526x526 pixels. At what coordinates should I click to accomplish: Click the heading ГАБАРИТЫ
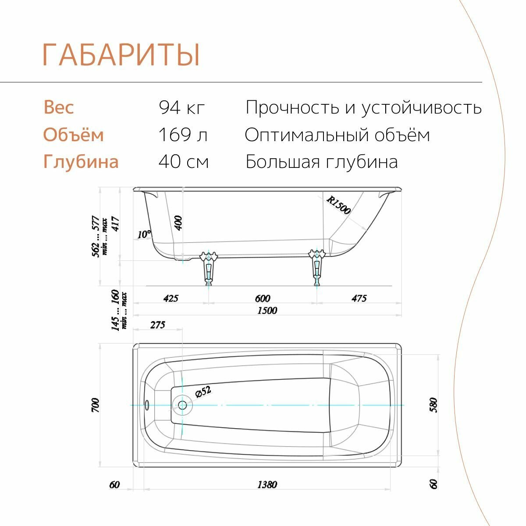click(121, 55)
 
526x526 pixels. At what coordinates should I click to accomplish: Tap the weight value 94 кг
click(182, 107)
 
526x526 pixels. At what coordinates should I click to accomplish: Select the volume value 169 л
click(183, 135)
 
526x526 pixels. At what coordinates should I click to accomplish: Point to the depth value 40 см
click(184, 162)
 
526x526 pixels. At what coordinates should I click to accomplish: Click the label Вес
click(59, 107)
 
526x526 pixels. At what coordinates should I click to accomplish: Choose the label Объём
click(73, 135)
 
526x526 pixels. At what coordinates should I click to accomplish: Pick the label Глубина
click(81, 162)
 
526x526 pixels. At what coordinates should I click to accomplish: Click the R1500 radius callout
click(338, 205)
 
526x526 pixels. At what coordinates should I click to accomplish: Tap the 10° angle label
click(144, 235)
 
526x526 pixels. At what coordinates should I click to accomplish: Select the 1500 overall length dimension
click(267, 310)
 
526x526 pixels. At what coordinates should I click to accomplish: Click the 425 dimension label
click(171, 299)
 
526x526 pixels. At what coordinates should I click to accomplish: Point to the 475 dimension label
click(359, 299)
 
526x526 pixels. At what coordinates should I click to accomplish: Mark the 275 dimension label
click(157, 325)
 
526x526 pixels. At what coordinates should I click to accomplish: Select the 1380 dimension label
click(267, 484)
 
